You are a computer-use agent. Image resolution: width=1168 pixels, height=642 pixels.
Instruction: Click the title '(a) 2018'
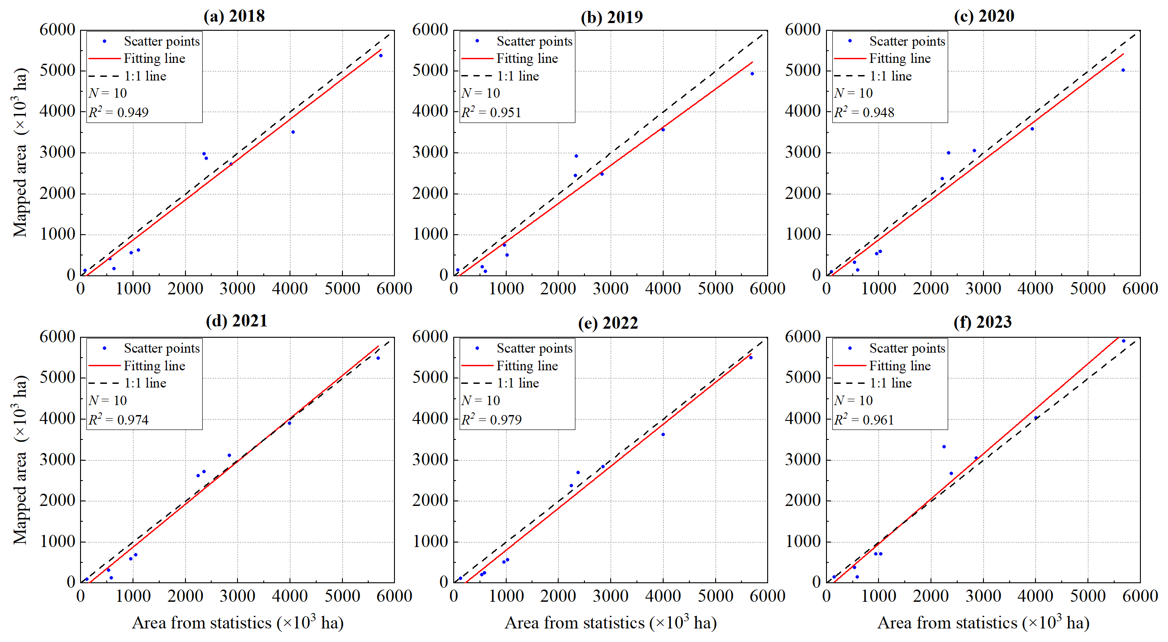tap(234, 16)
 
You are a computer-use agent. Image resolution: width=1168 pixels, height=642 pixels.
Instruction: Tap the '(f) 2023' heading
tap(983, 322)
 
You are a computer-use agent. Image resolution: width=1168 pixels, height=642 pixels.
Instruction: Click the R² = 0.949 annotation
tap(119, 112)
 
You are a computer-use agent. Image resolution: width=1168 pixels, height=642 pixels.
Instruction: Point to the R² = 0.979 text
tap(492, 420)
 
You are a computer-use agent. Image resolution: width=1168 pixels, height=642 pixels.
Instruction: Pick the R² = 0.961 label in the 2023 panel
tap(864, 420)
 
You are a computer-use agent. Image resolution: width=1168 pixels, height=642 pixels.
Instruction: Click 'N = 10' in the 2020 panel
tap(853, 93)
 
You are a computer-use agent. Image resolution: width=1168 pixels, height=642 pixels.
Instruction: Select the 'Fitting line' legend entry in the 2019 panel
tap(527, 58)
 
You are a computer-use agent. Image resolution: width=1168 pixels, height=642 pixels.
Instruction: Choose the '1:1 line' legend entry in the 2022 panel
tap(518, 383)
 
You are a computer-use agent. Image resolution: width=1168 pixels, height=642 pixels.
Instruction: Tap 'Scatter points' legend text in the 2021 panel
tap(161, 348)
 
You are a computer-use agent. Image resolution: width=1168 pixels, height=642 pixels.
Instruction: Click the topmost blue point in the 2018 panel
tap(381, 56)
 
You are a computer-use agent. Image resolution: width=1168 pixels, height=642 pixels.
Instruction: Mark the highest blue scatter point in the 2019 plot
tap(752, 74)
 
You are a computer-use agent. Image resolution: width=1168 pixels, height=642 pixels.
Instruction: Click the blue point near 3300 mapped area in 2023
tap(944, 447)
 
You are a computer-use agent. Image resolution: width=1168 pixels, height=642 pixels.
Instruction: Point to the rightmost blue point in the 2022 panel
tap(751, 358)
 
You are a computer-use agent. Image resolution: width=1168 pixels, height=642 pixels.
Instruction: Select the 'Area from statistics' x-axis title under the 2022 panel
tap(610, 623)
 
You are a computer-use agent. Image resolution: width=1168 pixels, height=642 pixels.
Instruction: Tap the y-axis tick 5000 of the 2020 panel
tap(802, 71)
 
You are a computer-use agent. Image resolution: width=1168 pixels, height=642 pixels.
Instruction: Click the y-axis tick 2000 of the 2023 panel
tap(802, 500)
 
